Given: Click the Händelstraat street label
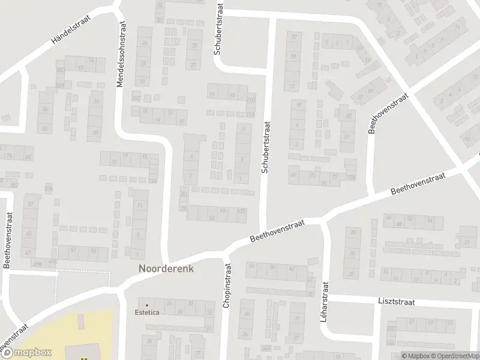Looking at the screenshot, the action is tap(71, 34).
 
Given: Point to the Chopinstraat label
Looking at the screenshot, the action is tap(227, 287).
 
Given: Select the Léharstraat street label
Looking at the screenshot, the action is tap(326, 304).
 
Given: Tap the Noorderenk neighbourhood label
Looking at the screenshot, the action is tap(166, 269).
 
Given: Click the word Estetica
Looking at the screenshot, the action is tap(146, 313).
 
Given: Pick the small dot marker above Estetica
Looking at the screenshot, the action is tap(146, 305).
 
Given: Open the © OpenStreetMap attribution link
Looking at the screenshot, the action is tap(453, 356).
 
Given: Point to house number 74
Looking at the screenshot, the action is tap(10, 157).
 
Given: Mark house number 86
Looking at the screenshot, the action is tap(44, 110).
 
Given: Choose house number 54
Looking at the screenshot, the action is tap(430, 220).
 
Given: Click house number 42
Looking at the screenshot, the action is tap(292, 269).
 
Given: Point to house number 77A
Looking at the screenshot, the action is tap(351, 178).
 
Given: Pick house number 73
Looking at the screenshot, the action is tap(312, 176).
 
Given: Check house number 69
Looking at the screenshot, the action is tap(293, 175).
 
